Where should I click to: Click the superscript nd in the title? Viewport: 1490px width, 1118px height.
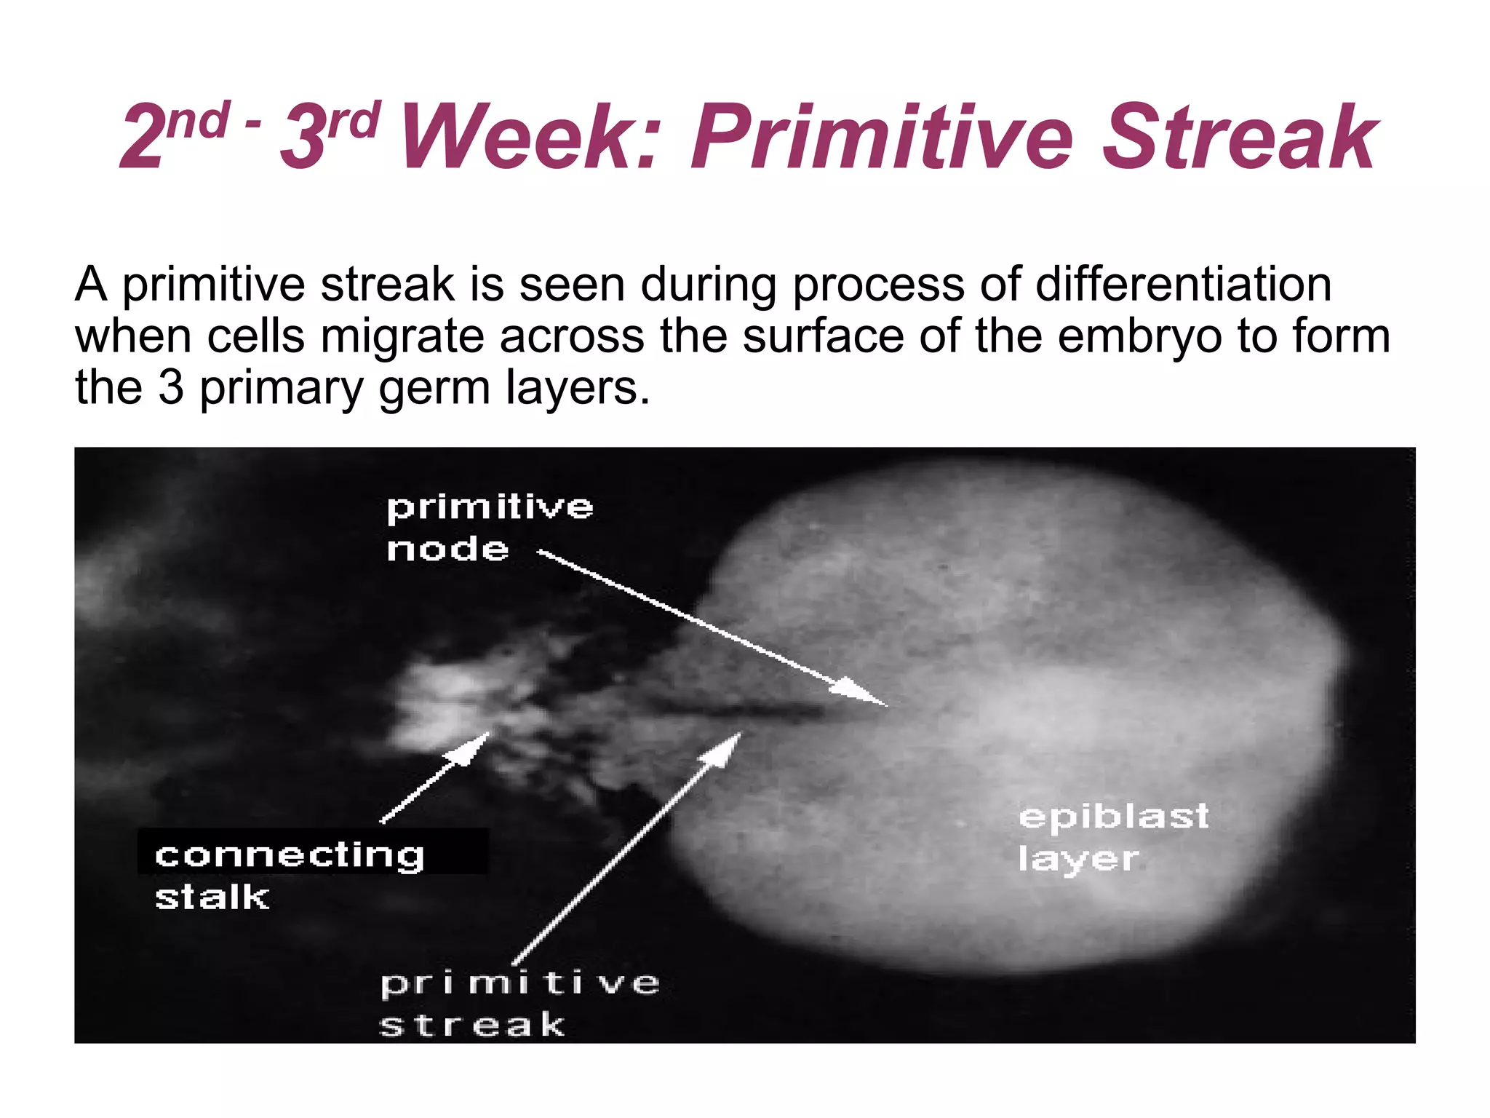coord(197,121)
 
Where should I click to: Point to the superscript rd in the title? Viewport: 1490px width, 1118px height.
coord(354,121)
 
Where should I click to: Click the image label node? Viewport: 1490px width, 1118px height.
coord(447,549)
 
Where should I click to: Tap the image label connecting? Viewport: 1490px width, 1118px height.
coord(290,855)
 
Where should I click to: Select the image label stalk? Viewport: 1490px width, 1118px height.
coord(212,897)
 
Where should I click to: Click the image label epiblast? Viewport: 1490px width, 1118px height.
coord(1114,816)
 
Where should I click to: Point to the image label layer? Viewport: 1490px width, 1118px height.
coord(1078,859)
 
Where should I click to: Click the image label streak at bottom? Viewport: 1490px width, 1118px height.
coord(471,1025)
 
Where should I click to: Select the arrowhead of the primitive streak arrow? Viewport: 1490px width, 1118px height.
coord(724,750)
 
